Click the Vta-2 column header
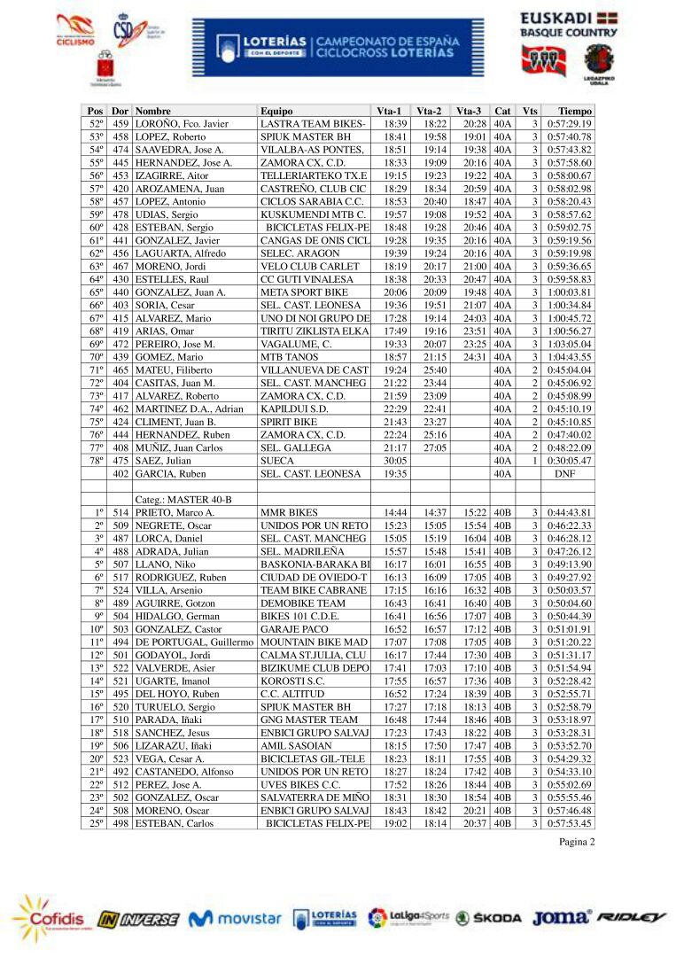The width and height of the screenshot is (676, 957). pos(430,111)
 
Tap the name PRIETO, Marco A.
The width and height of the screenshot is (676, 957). pos(175,513)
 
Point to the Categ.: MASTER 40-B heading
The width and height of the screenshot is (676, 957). pos(183,500)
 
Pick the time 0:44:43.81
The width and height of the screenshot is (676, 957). pos(569,513)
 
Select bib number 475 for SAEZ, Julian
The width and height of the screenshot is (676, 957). pos(120,461)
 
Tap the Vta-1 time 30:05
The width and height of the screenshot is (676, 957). pos(394,461)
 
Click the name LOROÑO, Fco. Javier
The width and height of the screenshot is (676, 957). pos(182,124)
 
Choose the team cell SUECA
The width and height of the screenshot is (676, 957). pos(276,461)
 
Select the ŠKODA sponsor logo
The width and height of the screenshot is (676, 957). pos(489,919)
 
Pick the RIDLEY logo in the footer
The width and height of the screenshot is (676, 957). pos(631,918)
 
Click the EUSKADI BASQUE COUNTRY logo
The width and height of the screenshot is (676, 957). pos(569,26)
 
